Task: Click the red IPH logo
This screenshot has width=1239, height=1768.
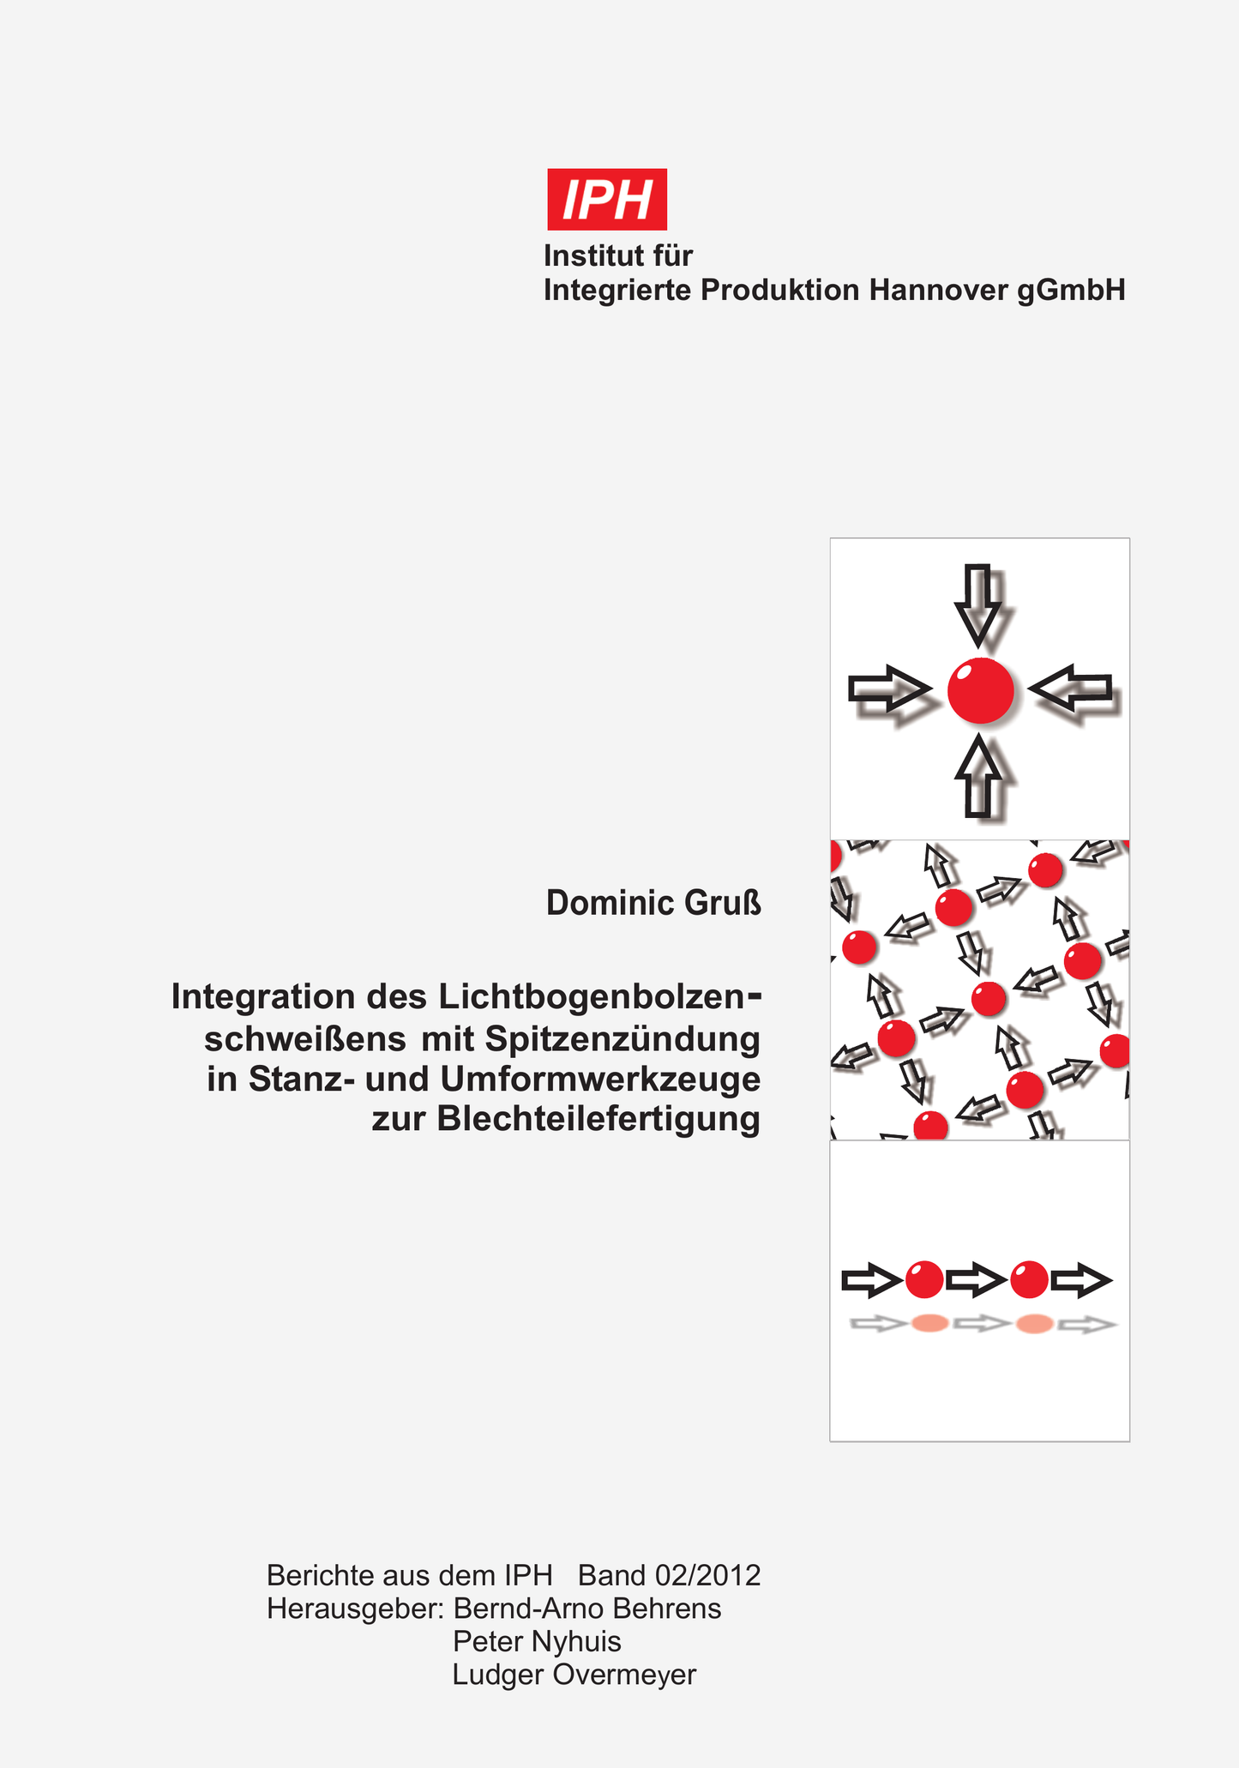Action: [x=607, y=199]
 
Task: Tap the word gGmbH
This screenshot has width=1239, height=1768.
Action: [x=1071, y=292]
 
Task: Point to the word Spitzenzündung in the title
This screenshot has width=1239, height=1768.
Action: [x=623, y=1039]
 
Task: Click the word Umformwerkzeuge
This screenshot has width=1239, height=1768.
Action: [x=600, y=1079]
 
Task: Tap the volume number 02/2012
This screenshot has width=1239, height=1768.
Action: [x=707, y=1575]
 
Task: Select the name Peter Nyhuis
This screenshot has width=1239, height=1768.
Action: [x=537, y=1641]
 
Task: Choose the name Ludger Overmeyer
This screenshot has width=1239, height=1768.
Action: [x=574, y=1674]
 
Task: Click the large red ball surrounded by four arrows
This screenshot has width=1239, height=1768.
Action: [x=981, y=690]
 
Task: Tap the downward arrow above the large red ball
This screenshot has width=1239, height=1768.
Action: [x=977, y=604]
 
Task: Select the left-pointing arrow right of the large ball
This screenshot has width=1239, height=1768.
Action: [x=1069, y=688]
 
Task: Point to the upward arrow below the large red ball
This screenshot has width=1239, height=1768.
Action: [x=978, y=775]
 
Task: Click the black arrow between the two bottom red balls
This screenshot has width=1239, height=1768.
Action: [x=977, y=1280]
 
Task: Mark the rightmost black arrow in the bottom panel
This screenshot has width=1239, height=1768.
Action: [x=1082, y=1280]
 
